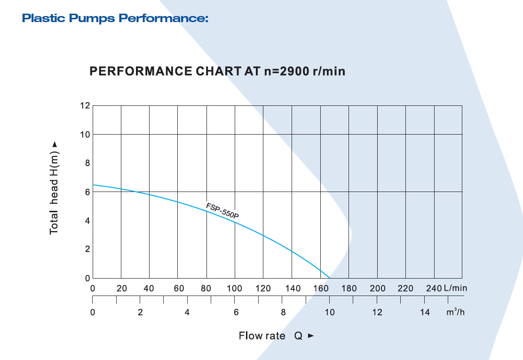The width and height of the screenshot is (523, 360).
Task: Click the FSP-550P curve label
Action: (222, 210)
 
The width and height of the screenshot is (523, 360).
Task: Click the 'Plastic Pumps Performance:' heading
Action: (115, 19)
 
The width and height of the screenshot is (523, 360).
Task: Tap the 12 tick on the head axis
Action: (85, 105)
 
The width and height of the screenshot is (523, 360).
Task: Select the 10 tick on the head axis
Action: (85, 135)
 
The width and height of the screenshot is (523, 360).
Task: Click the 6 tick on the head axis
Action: (87, 192)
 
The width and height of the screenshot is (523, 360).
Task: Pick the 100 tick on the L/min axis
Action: (235, 288)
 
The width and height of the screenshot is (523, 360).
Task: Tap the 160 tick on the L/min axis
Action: (321, 288)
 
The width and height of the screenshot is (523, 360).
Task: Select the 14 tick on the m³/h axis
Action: (425, 312)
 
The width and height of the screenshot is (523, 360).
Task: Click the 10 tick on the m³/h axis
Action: (330, 312)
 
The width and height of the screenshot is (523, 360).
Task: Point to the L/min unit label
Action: (455, 288)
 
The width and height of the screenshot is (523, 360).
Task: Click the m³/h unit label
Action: (456, 312)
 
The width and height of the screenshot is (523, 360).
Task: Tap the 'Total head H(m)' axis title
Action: (55, 188)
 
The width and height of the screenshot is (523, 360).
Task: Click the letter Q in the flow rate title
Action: (298, 336)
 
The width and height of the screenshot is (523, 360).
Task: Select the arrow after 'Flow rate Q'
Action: (310, 336)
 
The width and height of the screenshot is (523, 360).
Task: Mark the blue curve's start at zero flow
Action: (93, 185)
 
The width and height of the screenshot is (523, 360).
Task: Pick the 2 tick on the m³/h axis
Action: (140, 312)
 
